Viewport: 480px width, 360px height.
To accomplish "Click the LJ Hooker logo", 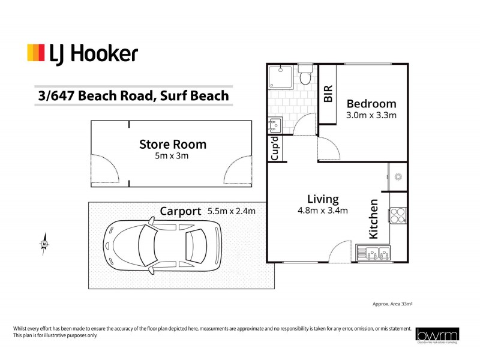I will click(82, 53).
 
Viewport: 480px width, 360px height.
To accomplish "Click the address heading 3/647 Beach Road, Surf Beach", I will click(133, 95).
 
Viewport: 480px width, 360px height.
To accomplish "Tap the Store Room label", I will click(173, 144).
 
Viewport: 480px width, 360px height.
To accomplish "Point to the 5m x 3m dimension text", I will click(173, 156).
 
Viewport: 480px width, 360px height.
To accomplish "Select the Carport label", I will click(180, 211).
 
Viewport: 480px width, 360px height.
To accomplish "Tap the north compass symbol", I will click(44, 244).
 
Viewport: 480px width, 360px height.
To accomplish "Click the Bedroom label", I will click(371, 103).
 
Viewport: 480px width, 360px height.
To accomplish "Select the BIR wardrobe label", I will click(328, 95).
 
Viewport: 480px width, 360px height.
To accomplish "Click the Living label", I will click(323, 199).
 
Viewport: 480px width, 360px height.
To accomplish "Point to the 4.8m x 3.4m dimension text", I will click(323, 210).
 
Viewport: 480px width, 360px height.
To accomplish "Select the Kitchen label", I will click(373, 219).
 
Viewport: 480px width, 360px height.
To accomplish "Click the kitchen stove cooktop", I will click(398, 214).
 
